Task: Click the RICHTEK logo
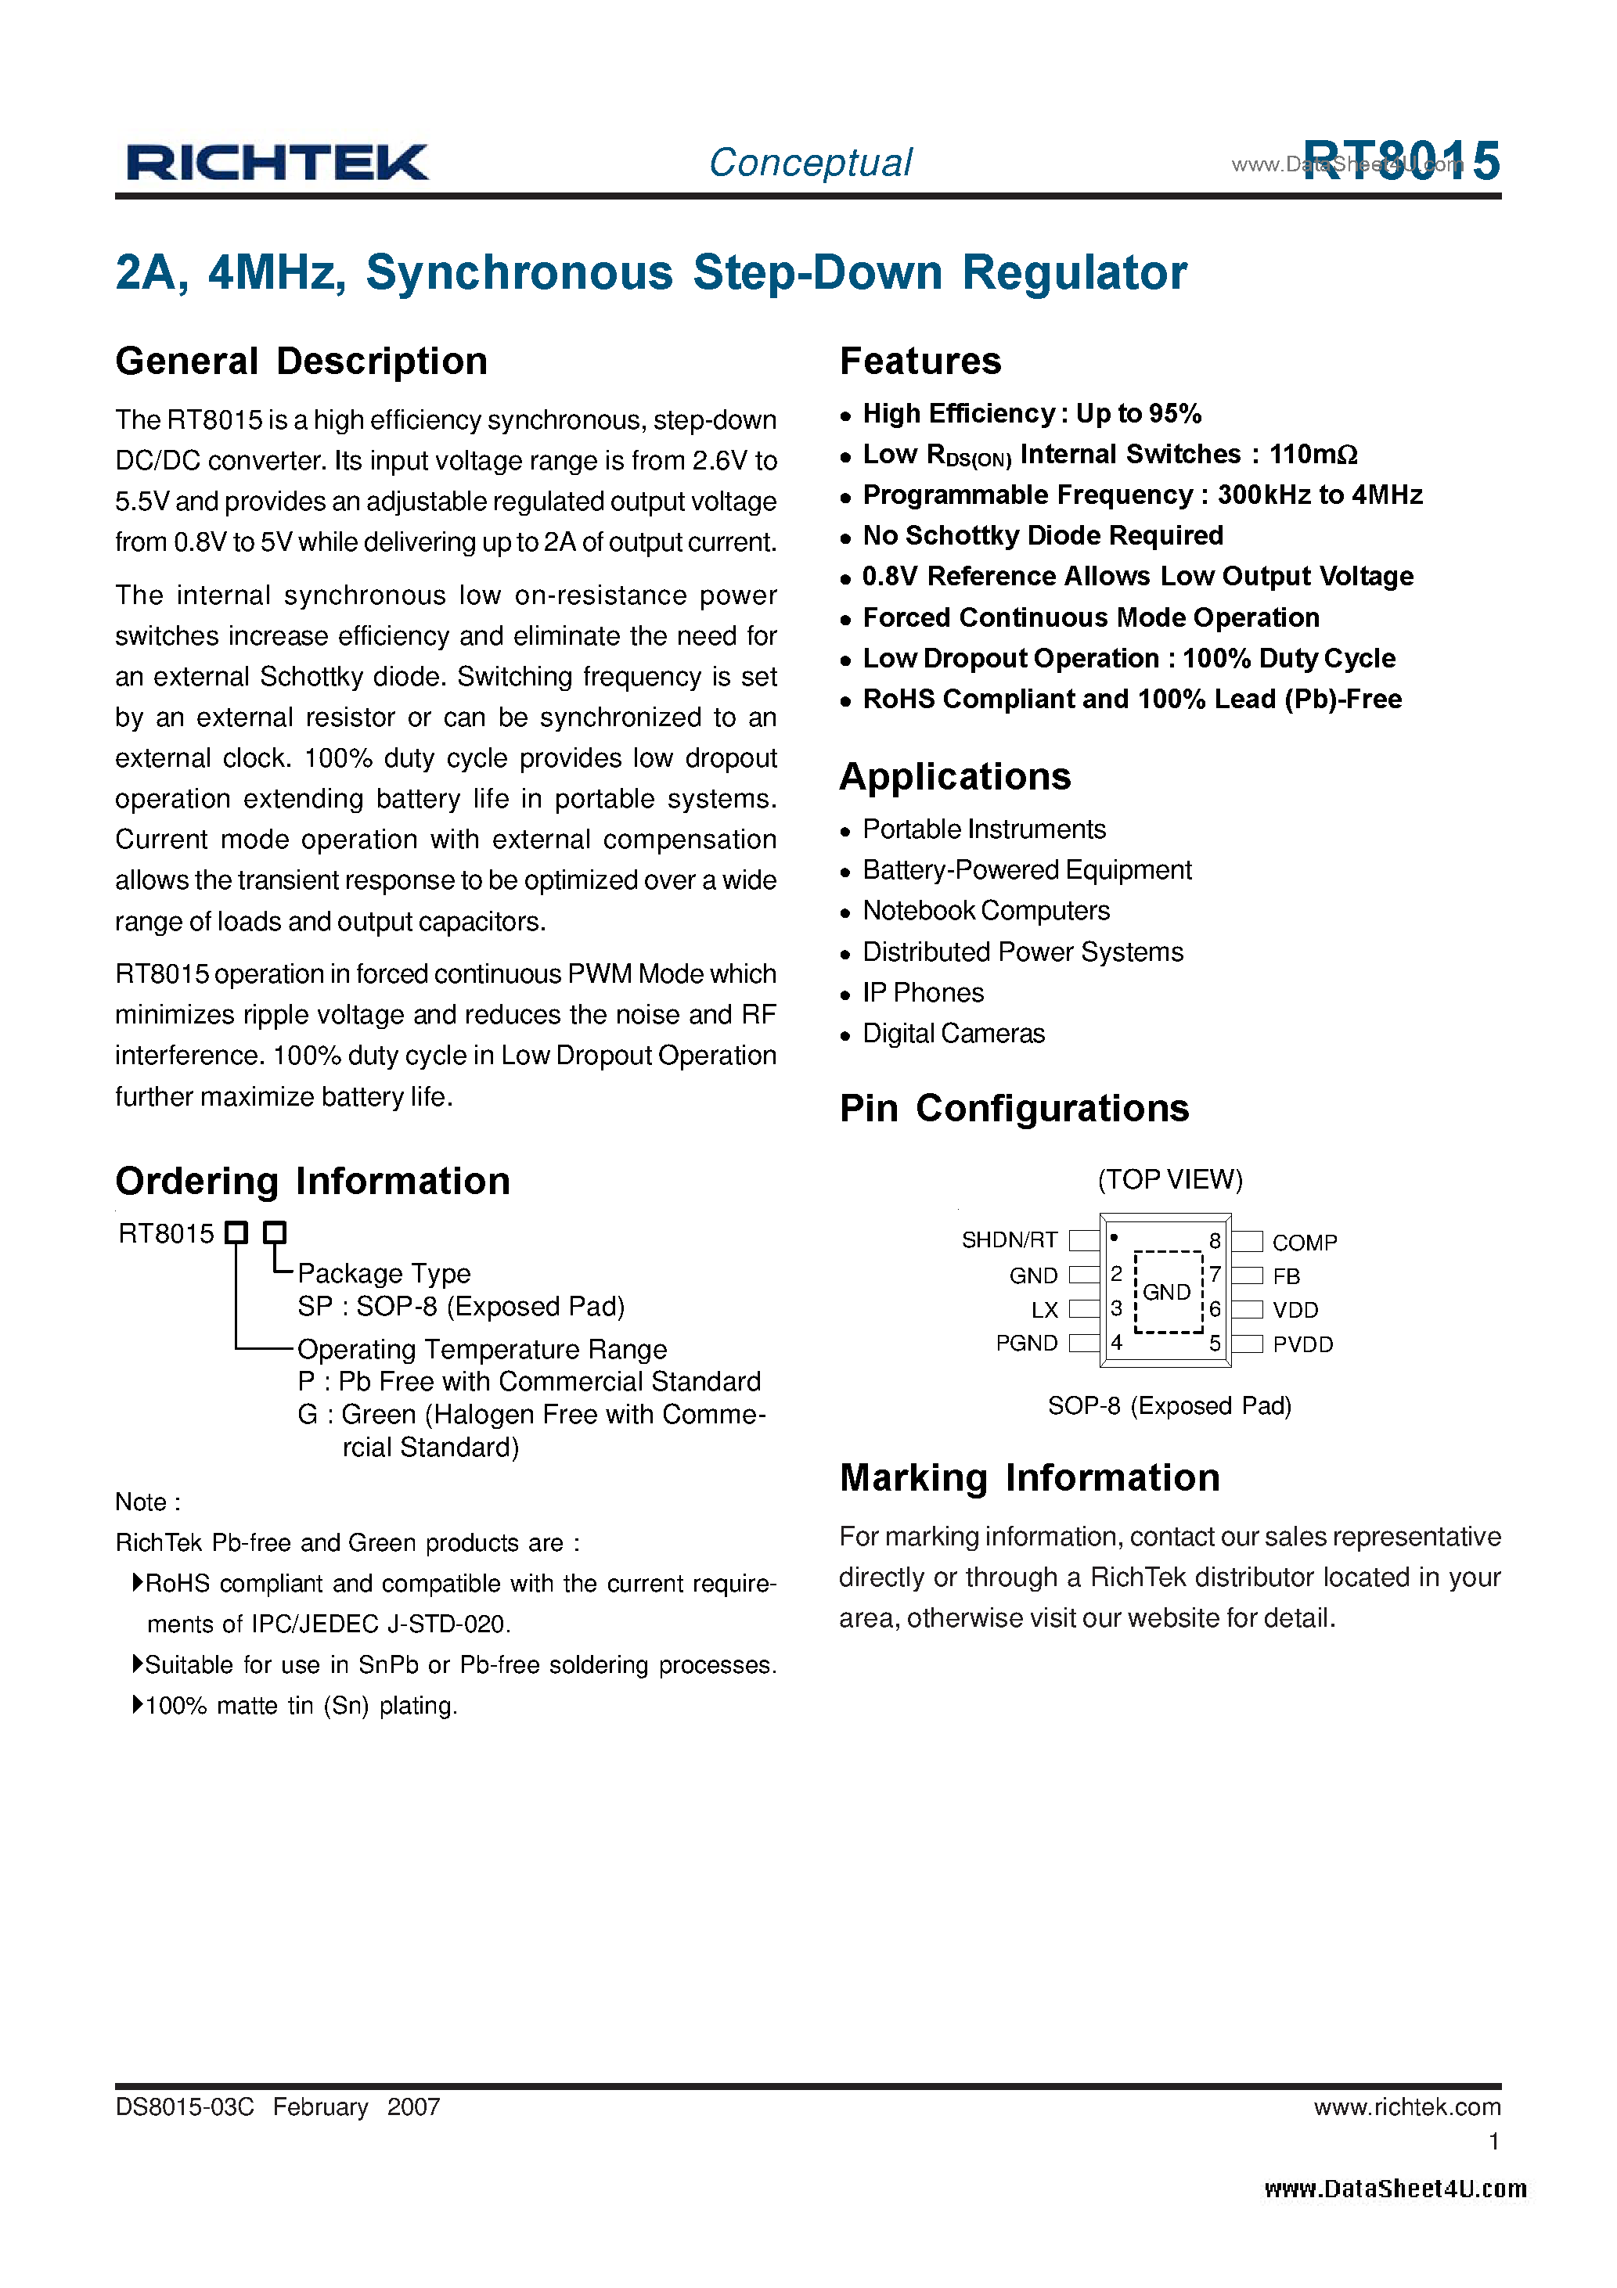(276, 163)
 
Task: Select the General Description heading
(301, 361)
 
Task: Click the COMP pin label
(1304, 1243)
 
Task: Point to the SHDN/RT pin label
(1009, 1239)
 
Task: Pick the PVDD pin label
(1302, 1344)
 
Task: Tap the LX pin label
(1044, 1309)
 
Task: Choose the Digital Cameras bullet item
(953, 1034)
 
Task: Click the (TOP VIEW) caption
(1169, 1179)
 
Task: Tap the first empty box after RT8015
(236, 1232)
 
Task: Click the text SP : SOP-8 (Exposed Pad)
(460, 1307)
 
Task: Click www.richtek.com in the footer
(1406, 2106)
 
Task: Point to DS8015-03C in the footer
(185, 2106)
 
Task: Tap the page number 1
(1493, 2141)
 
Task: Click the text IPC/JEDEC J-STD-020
(380, 1624)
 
